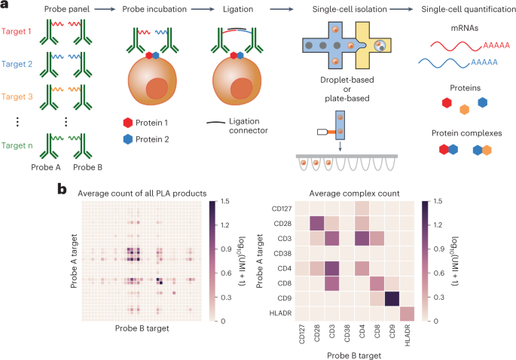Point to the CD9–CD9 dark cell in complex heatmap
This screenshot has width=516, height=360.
coord(391,299)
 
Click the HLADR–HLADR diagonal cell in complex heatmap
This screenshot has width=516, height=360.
coord(408,314)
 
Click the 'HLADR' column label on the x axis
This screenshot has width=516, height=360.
coord(408,337)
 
